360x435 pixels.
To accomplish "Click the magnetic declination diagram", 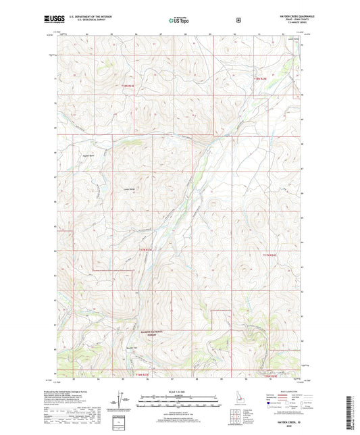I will pyautogui.click(x=122, y=403).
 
